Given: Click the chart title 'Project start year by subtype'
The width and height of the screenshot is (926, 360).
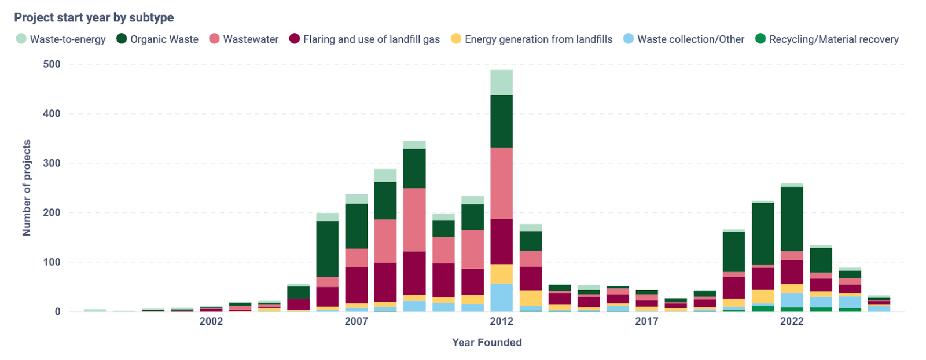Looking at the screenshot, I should [94, 17].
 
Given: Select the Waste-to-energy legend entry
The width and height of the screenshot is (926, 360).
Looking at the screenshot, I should [61, 39].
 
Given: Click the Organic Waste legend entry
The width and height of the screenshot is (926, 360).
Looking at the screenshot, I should [157, 39].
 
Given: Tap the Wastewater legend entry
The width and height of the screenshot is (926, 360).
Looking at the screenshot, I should [244, 39].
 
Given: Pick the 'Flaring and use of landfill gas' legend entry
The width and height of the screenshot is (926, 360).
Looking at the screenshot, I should [364, 39].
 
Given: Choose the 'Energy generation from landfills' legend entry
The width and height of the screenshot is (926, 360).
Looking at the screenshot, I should [531, 39].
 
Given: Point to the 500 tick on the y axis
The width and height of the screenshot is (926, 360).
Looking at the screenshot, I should [52, 64].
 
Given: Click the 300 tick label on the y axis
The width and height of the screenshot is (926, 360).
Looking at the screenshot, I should [52, 163].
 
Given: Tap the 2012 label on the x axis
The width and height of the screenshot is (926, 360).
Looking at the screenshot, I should [501, 321].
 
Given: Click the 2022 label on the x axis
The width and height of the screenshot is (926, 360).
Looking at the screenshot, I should [791, 321].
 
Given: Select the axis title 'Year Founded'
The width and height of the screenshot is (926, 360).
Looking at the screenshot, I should [487, 343].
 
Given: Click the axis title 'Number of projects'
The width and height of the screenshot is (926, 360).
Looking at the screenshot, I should [27, 188].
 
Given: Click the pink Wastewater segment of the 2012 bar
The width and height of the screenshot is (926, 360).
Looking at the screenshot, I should [501, 183].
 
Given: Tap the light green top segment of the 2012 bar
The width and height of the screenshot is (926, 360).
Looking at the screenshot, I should [501, 82].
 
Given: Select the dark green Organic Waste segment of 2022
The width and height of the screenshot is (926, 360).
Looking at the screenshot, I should [791, 219].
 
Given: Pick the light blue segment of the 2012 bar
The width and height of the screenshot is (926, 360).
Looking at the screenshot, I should [501, 297].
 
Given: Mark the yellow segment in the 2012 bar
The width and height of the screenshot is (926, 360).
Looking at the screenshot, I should [501, 274].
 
